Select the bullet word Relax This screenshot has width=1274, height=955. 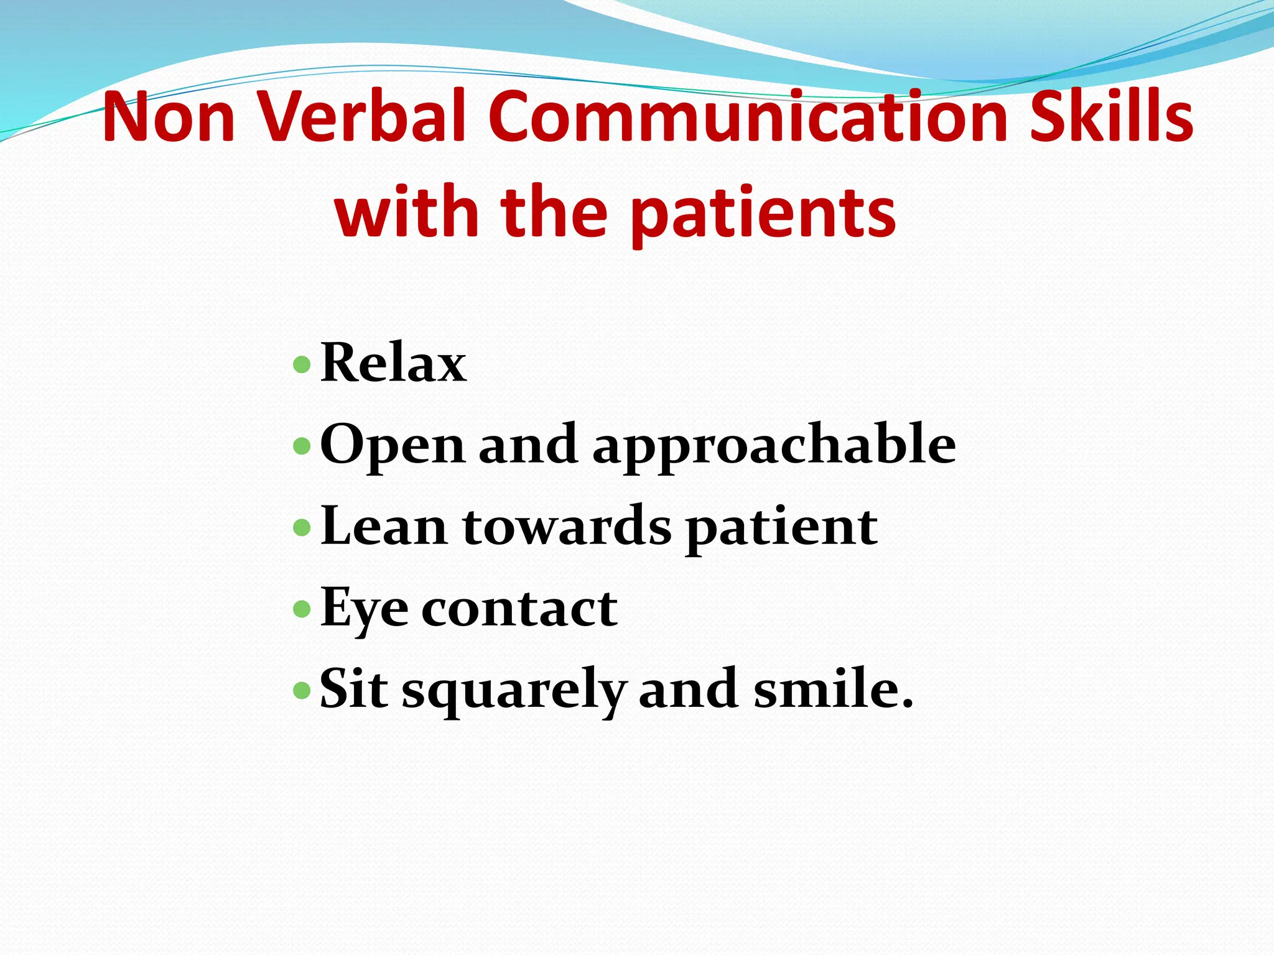coord(393,363)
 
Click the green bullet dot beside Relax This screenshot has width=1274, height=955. coord(302,364)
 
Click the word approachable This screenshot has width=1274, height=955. coord(774,446)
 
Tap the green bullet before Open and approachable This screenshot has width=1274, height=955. coord(302,446)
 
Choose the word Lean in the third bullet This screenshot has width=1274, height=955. coord(383,527)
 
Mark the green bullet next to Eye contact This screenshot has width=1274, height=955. coord(302,609)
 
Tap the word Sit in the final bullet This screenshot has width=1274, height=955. coord(354,689)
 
